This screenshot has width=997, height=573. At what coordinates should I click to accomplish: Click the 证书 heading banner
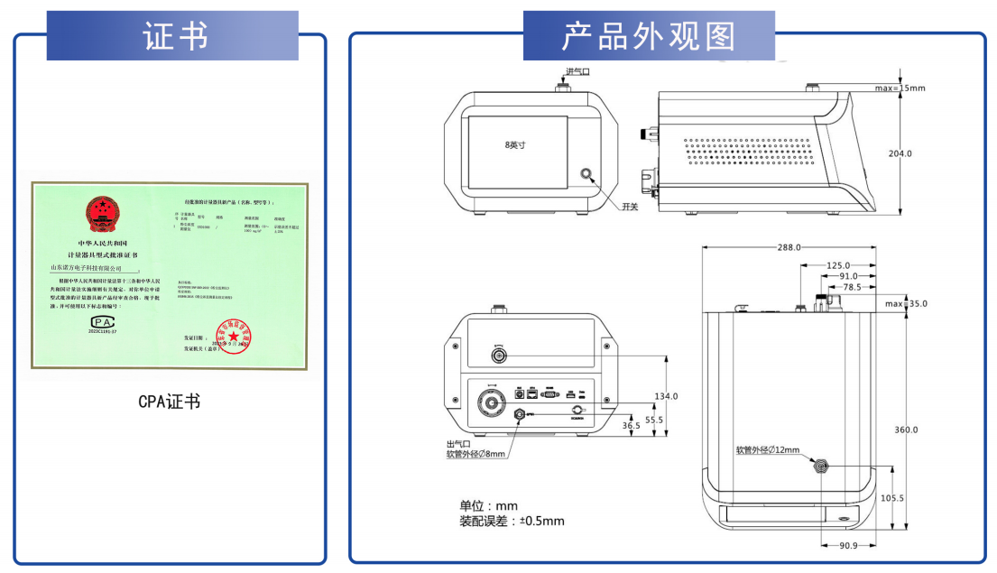(x=175, y=36)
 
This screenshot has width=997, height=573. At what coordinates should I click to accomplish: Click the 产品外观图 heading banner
(x=648, y=36)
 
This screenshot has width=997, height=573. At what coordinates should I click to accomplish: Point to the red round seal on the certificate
(x=220, y=333)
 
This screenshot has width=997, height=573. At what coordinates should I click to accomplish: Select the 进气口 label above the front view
(x=577, y=71)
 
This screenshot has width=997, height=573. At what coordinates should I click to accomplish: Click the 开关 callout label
(x=630, y=207)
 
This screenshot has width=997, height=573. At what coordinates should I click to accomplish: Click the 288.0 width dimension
(x=790, y=247)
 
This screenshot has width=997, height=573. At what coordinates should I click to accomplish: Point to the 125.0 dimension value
(x=837, y=265)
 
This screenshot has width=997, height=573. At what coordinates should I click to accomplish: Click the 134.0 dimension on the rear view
(x=666, y=396)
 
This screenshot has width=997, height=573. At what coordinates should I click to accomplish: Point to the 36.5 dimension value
(x=632, y=425)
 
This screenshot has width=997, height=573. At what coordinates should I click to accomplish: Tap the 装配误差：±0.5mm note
(x=512, y=522)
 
